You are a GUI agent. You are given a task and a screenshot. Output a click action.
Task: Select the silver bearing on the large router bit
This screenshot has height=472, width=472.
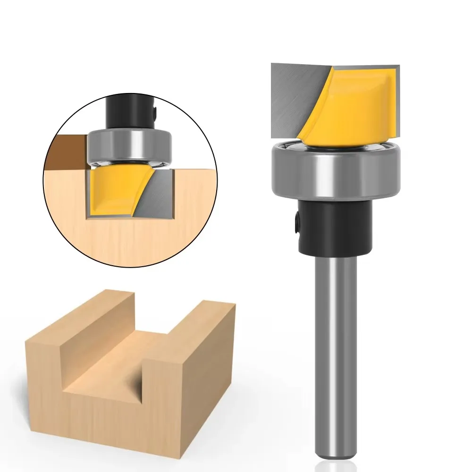click(x=335, y=170)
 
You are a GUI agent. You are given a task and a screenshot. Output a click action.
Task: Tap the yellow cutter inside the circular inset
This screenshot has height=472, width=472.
click(x=113, y=189)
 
